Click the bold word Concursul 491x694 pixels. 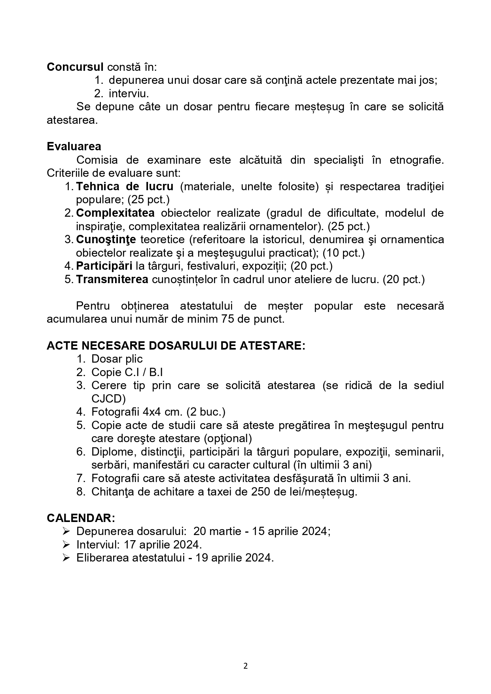pos(75,67)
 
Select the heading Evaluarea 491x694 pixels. pos(74,146)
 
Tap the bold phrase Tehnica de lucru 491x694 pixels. pos(125,186)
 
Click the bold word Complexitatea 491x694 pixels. pos(115,213)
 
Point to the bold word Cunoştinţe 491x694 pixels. pos(106,239)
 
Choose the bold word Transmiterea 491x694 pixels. pos(112,279)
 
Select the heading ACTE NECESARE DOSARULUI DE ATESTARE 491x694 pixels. pos(176,346)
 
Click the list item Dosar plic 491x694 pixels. pos(117,359)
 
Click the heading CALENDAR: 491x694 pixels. pos(81,518)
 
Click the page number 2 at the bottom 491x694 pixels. pos(245,666)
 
